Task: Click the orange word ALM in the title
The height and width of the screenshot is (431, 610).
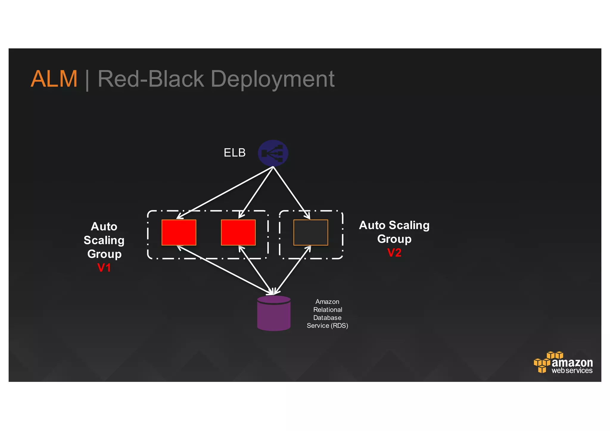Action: point(54,79)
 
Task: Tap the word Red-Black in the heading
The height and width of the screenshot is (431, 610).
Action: point(150,79)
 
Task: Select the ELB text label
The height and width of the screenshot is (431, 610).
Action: point(234,153)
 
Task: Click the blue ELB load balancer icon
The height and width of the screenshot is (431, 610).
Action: point(273,153)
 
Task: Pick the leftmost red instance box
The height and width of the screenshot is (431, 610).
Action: point(179,233)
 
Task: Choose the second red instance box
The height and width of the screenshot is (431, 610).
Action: point(238,233)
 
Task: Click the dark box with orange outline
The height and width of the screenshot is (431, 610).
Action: point(311,233)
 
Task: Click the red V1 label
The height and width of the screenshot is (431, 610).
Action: point(104,268)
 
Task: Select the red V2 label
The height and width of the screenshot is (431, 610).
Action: point(394,253)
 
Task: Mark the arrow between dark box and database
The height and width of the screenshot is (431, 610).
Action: point(292,270)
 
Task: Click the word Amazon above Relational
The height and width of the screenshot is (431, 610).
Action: point(327,302)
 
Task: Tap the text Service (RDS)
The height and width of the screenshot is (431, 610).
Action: point(327,326)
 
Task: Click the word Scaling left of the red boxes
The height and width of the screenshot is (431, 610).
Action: point(104,240)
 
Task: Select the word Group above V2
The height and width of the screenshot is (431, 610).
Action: point(394,239)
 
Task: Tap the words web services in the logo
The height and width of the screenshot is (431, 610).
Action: point(572,371)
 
